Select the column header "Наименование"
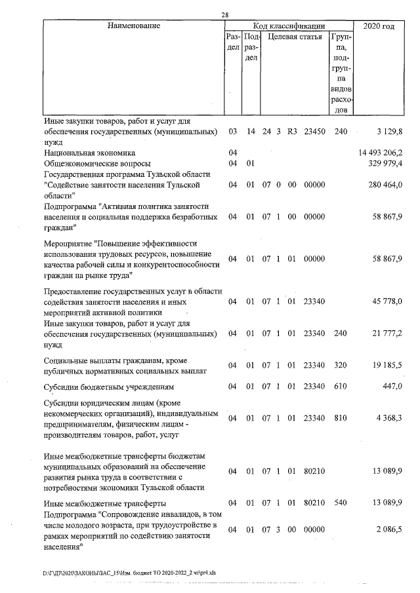point(134,26)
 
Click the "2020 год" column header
point(379,26)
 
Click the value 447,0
point(392,387)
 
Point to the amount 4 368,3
point(389,418)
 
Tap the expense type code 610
point(340,387)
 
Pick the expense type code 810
point(340,418)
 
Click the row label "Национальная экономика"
point(89,153)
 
